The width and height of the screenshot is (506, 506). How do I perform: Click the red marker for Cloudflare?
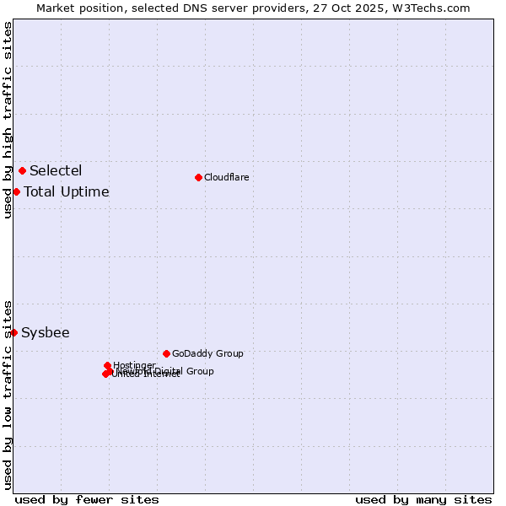point(198,177)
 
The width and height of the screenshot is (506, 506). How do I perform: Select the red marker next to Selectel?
point(22,171)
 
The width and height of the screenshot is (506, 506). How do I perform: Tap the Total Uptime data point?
point(16,192)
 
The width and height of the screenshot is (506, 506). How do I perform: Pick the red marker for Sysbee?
point(13,333)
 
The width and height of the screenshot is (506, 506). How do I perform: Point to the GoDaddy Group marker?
point(166,353)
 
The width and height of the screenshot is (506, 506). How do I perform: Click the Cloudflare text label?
point(226,177)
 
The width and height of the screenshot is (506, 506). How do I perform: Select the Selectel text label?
point(56,171)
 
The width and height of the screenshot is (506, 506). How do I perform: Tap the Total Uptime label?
point(67,192)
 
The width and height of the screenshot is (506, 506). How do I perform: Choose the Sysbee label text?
point(46,333)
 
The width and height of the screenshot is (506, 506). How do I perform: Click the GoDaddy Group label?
point(207,353)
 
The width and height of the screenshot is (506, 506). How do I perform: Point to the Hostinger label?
point(134,365)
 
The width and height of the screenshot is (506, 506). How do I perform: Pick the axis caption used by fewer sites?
point(87,499)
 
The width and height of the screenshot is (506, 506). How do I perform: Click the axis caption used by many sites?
point(423,499)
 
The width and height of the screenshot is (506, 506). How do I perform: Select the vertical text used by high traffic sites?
point(8,120)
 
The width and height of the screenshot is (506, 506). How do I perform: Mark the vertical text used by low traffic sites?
point(8,395)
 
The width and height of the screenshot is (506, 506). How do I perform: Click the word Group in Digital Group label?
point(200,371)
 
